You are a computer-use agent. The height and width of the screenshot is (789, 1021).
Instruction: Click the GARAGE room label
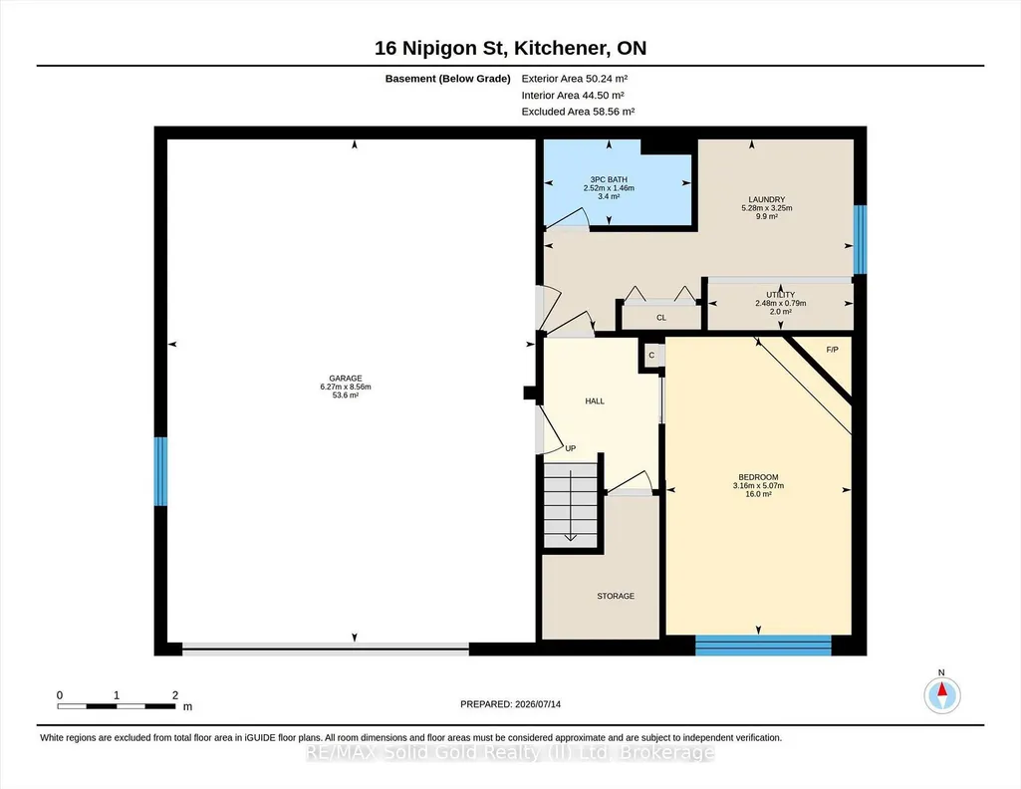point(345,379)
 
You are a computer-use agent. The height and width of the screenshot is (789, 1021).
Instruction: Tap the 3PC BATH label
point(609,179)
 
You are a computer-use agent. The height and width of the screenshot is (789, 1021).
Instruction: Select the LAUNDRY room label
point(766,200)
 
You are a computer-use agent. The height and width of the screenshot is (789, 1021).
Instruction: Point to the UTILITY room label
point(780,295)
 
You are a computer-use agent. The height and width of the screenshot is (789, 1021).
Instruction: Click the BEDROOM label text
point(758,477)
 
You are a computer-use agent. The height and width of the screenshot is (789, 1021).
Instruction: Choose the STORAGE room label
point(616,596)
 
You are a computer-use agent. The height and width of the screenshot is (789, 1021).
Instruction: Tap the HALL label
point(595,401)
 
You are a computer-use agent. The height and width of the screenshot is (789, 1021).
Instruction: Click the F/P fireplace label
point(832,350)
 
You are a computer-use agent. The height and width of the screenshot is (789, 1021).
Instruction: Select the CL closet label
point(661,318)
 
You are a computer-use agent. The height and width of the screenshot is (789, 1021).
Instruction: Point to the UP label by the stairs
point(571,448)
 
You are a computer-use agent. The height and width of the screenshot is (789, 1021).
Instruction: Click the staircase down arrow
point(571,505)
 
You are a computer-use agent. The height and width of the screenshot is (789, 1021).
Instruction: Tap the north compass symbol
point(941,695)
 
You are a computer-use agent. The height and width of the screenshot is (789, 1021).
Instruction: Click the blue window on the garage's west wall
point(160,471)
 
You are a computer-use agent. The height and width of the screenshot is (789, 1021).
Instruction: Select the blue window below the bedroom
point(763,646)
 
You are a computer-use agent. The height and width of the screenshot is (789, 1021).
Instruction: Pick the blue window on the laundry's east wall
point(860,239)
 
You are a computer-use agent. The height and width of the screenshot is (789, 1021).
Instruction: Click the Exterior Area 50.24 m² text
point(575,79)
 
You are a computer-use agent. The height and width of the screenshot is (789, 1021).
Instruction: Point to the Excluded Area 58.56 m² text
point(578,112)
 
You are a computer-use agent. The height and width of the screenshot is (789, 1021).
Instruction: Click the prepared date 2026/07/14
point(538,704)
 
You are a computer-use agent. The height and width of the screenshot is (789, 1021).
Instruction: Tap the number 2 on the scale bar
point(175,695)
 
